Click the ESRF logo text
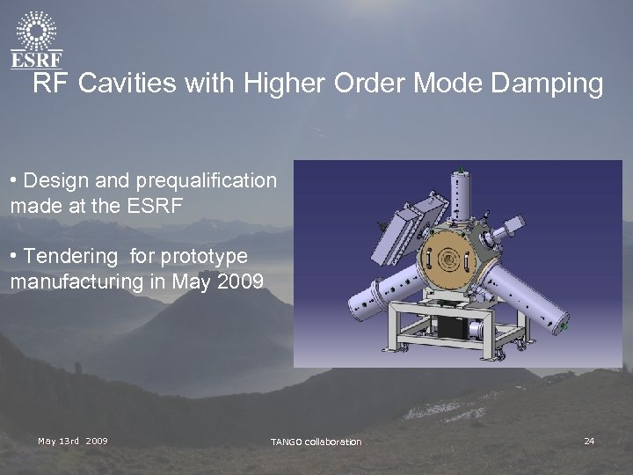35,59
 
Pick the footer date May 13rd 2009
73,440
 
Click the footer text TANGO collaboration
316,441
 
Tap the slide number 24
589,440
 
